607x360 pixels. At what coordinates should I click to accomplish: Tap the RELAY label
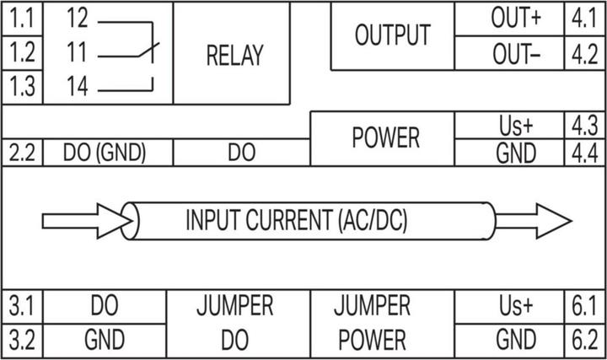click(x=234, y=55)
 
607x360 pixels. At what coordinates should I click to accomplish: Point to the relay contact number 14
click(x=77, y=87)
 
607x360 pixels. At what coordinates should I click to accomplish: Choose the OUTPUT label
click(x=392, y=35)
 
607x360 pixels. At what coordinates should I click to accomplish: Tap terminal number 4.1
click(x=583, y=18)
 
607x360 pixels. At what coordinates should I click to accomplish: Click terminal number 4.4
click(x=583, y=153)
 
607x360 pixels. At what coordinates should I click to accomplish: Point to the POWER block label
click(x=384, y=137)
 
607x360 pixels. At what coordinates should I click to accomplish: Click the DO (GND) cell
click(x=105, y=153)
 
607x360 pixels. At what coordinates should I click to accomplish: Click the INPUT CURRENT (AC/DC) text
click(x=296, y=221)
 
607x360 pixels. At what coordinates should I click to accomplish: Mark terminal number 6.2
click(x=583, y=340)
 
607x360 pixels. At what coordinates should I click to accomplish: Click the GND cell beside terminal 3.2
click(x=105, y=340)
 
